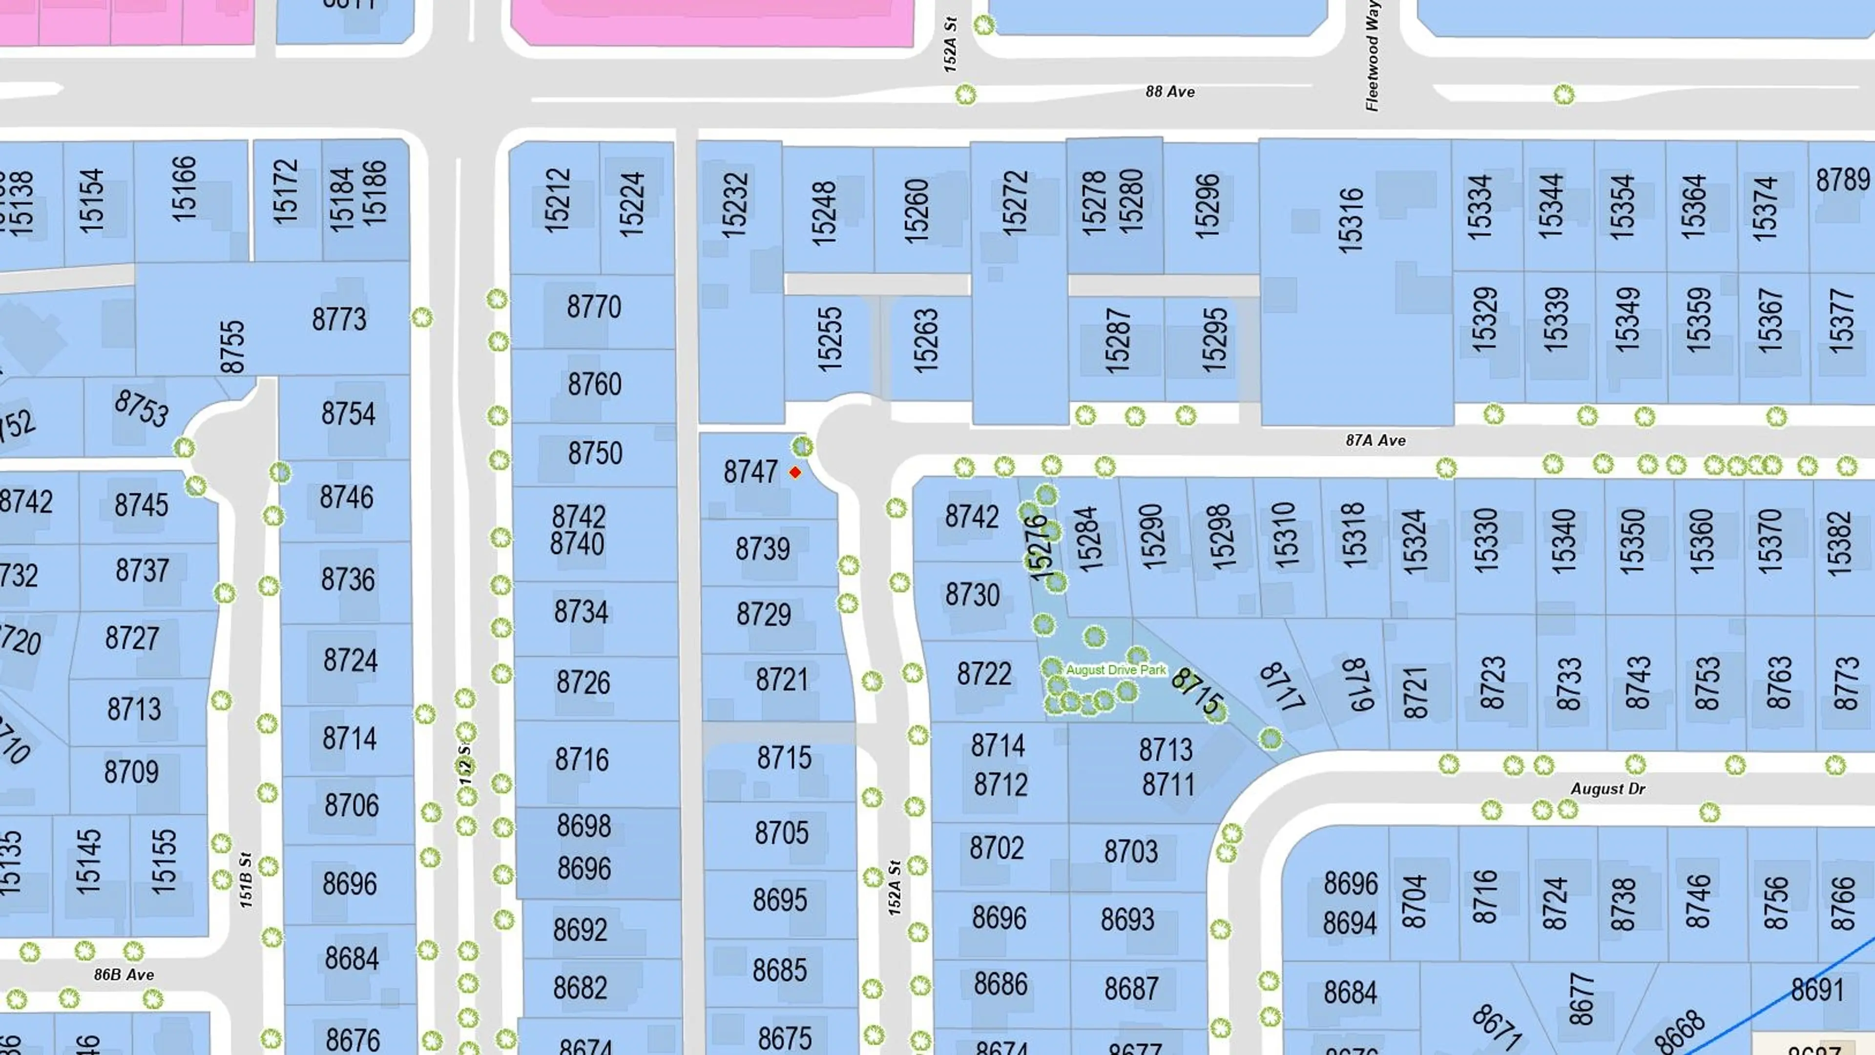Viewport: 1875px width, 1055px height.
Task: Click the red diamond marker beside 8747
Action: click(x=795, y=472)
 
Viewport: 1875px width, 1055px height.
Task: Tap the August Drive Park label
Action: click(x=1115, y=670)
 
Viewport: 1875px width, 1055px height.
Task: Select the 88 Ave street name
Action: click(x=1170, y=92)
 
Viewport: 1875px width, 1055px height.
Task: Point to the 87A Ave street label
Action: click(x=1375, y=441)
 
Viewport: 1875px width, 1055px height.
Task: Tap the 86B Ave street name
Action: click(x=124, y=975)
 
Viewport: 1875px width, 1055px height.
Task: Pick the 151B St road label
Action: click(x=246, y=880)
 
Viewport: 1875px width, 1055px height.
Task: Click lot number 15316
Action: click(x=1350, y=220)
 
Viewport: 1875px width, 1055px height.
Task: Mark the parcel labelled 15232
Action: click(x=734, y=205)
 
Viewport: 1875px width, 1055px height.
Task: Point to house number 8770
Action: click(x=594, y=307)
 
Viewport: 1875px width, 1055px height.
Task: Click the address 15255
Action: click(x=829, y=339)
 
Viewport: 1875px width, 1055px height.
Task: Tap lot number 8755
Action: click(x=232, y=347)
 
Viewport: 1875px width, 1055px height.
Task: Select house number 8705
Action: click(x=781, y=832)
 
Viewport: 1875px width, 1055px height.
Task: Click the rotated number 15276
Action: click(x=1039, y=548)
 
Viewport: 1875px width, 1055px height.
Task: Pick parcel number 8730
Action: click(x=972, y=595)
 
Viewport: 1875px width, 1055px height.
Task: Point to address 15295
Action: click(x=1214, y=339)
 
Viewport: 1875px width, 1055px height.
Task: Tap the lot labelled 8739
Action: click(x=762, y=548)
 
